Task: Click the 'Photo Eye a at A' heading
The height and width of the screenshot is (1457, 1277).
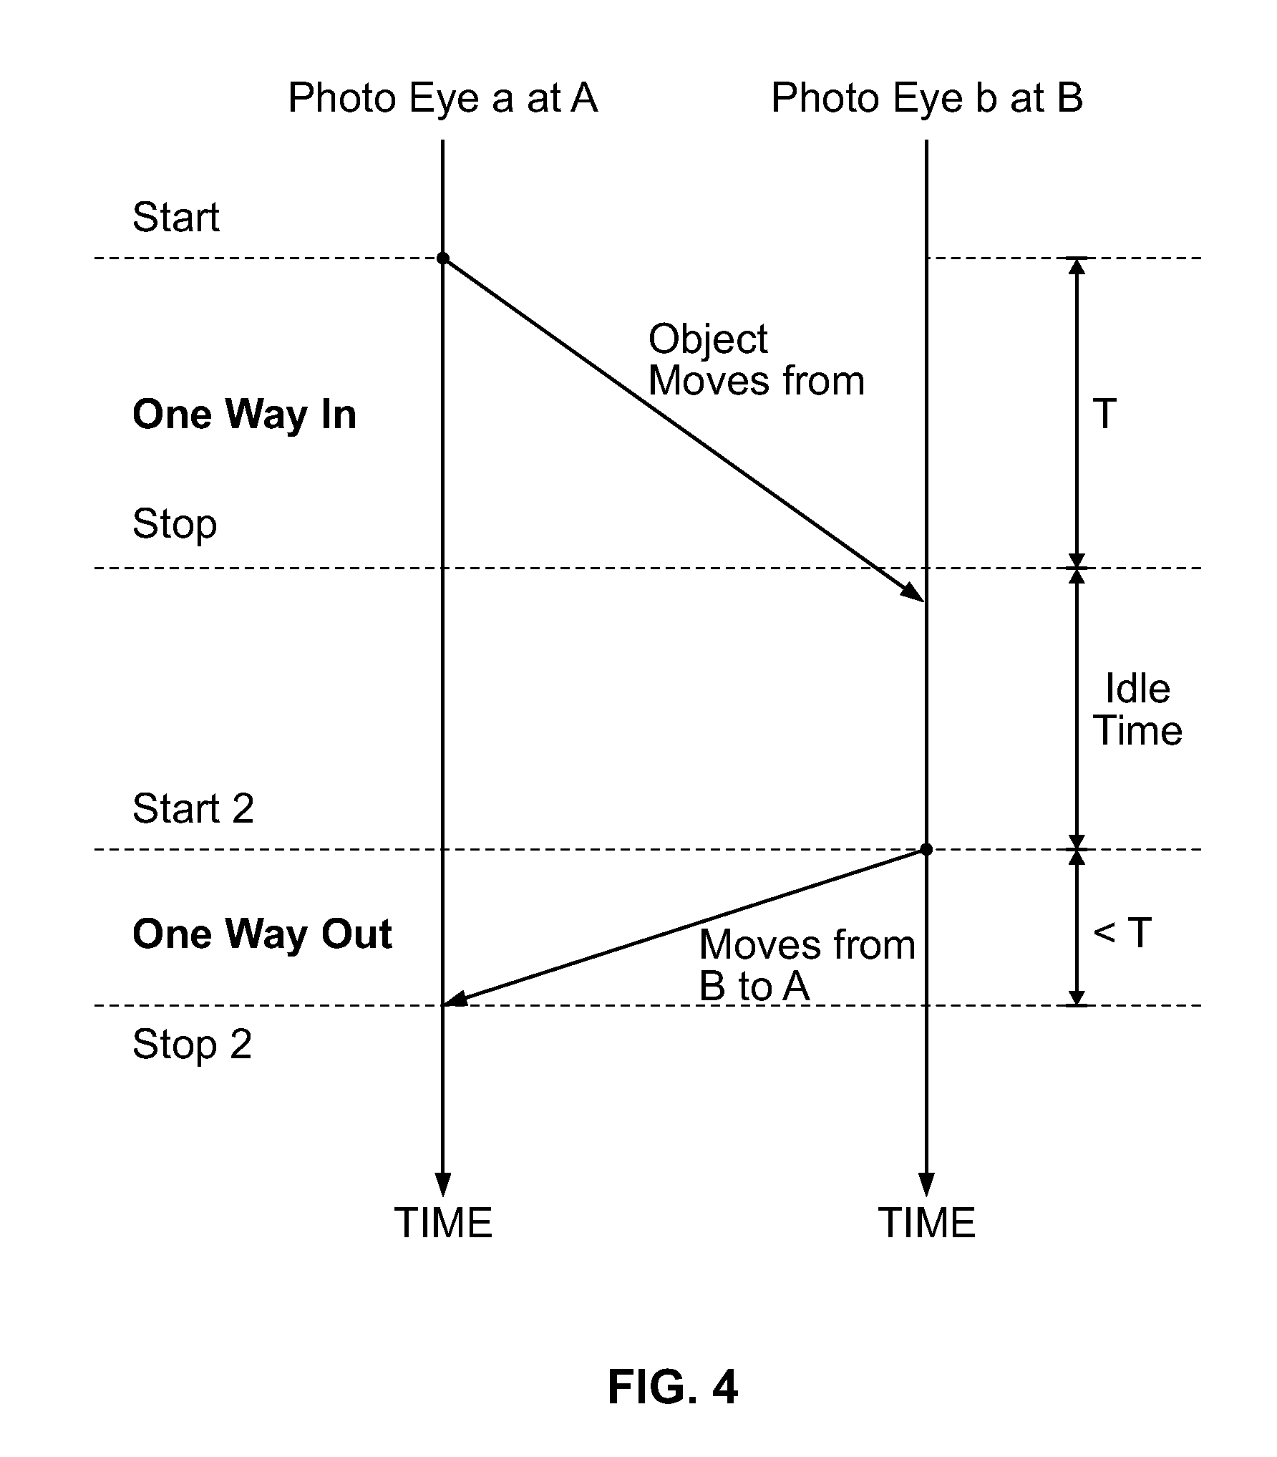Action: tap(442, 98)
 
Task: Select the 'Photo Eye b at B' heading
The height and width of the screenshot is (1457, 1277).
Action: tap(927, 98)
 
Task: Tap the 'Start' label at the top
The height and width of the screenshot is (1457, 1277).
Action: tap(176, 217)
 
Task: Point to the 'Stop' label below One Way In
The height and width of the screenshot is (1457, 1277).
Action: tap(175, 525)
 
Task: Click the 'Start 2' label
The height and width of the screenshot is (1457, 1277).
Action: tap(193, 808)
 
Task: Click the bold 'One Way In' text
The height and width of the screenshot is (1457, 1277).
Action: tap(245, 415)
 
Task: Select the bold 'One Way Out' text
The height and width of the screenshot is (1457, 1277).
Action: tap(263, 934)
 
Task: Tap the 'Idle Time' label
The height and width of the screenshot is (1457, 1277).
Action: tap(1139, 710)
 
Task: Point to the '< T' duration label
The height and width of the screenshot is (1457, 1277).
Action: tap(1122, 933)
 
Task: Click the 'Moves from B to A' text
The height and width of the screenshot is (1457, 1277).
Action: tap(807, 965)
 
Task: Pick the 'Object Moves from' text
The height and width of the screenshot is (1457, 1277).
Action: tap(757, 359)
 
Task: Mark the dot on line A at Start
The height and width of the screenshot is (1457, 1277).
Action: tap(443, 258)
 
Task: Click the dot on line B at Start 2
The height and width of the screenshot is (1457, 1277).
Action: tap(926, 849)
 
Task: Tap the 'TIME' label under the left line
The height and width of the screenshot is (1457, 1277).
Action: tap(444, 1223)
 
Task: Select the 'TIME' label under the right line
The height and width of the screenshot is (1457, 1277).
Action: tap(927, 1223)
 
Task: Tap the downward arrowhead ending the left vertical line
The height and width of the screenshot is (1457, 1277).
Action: tap(443, 1185)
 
